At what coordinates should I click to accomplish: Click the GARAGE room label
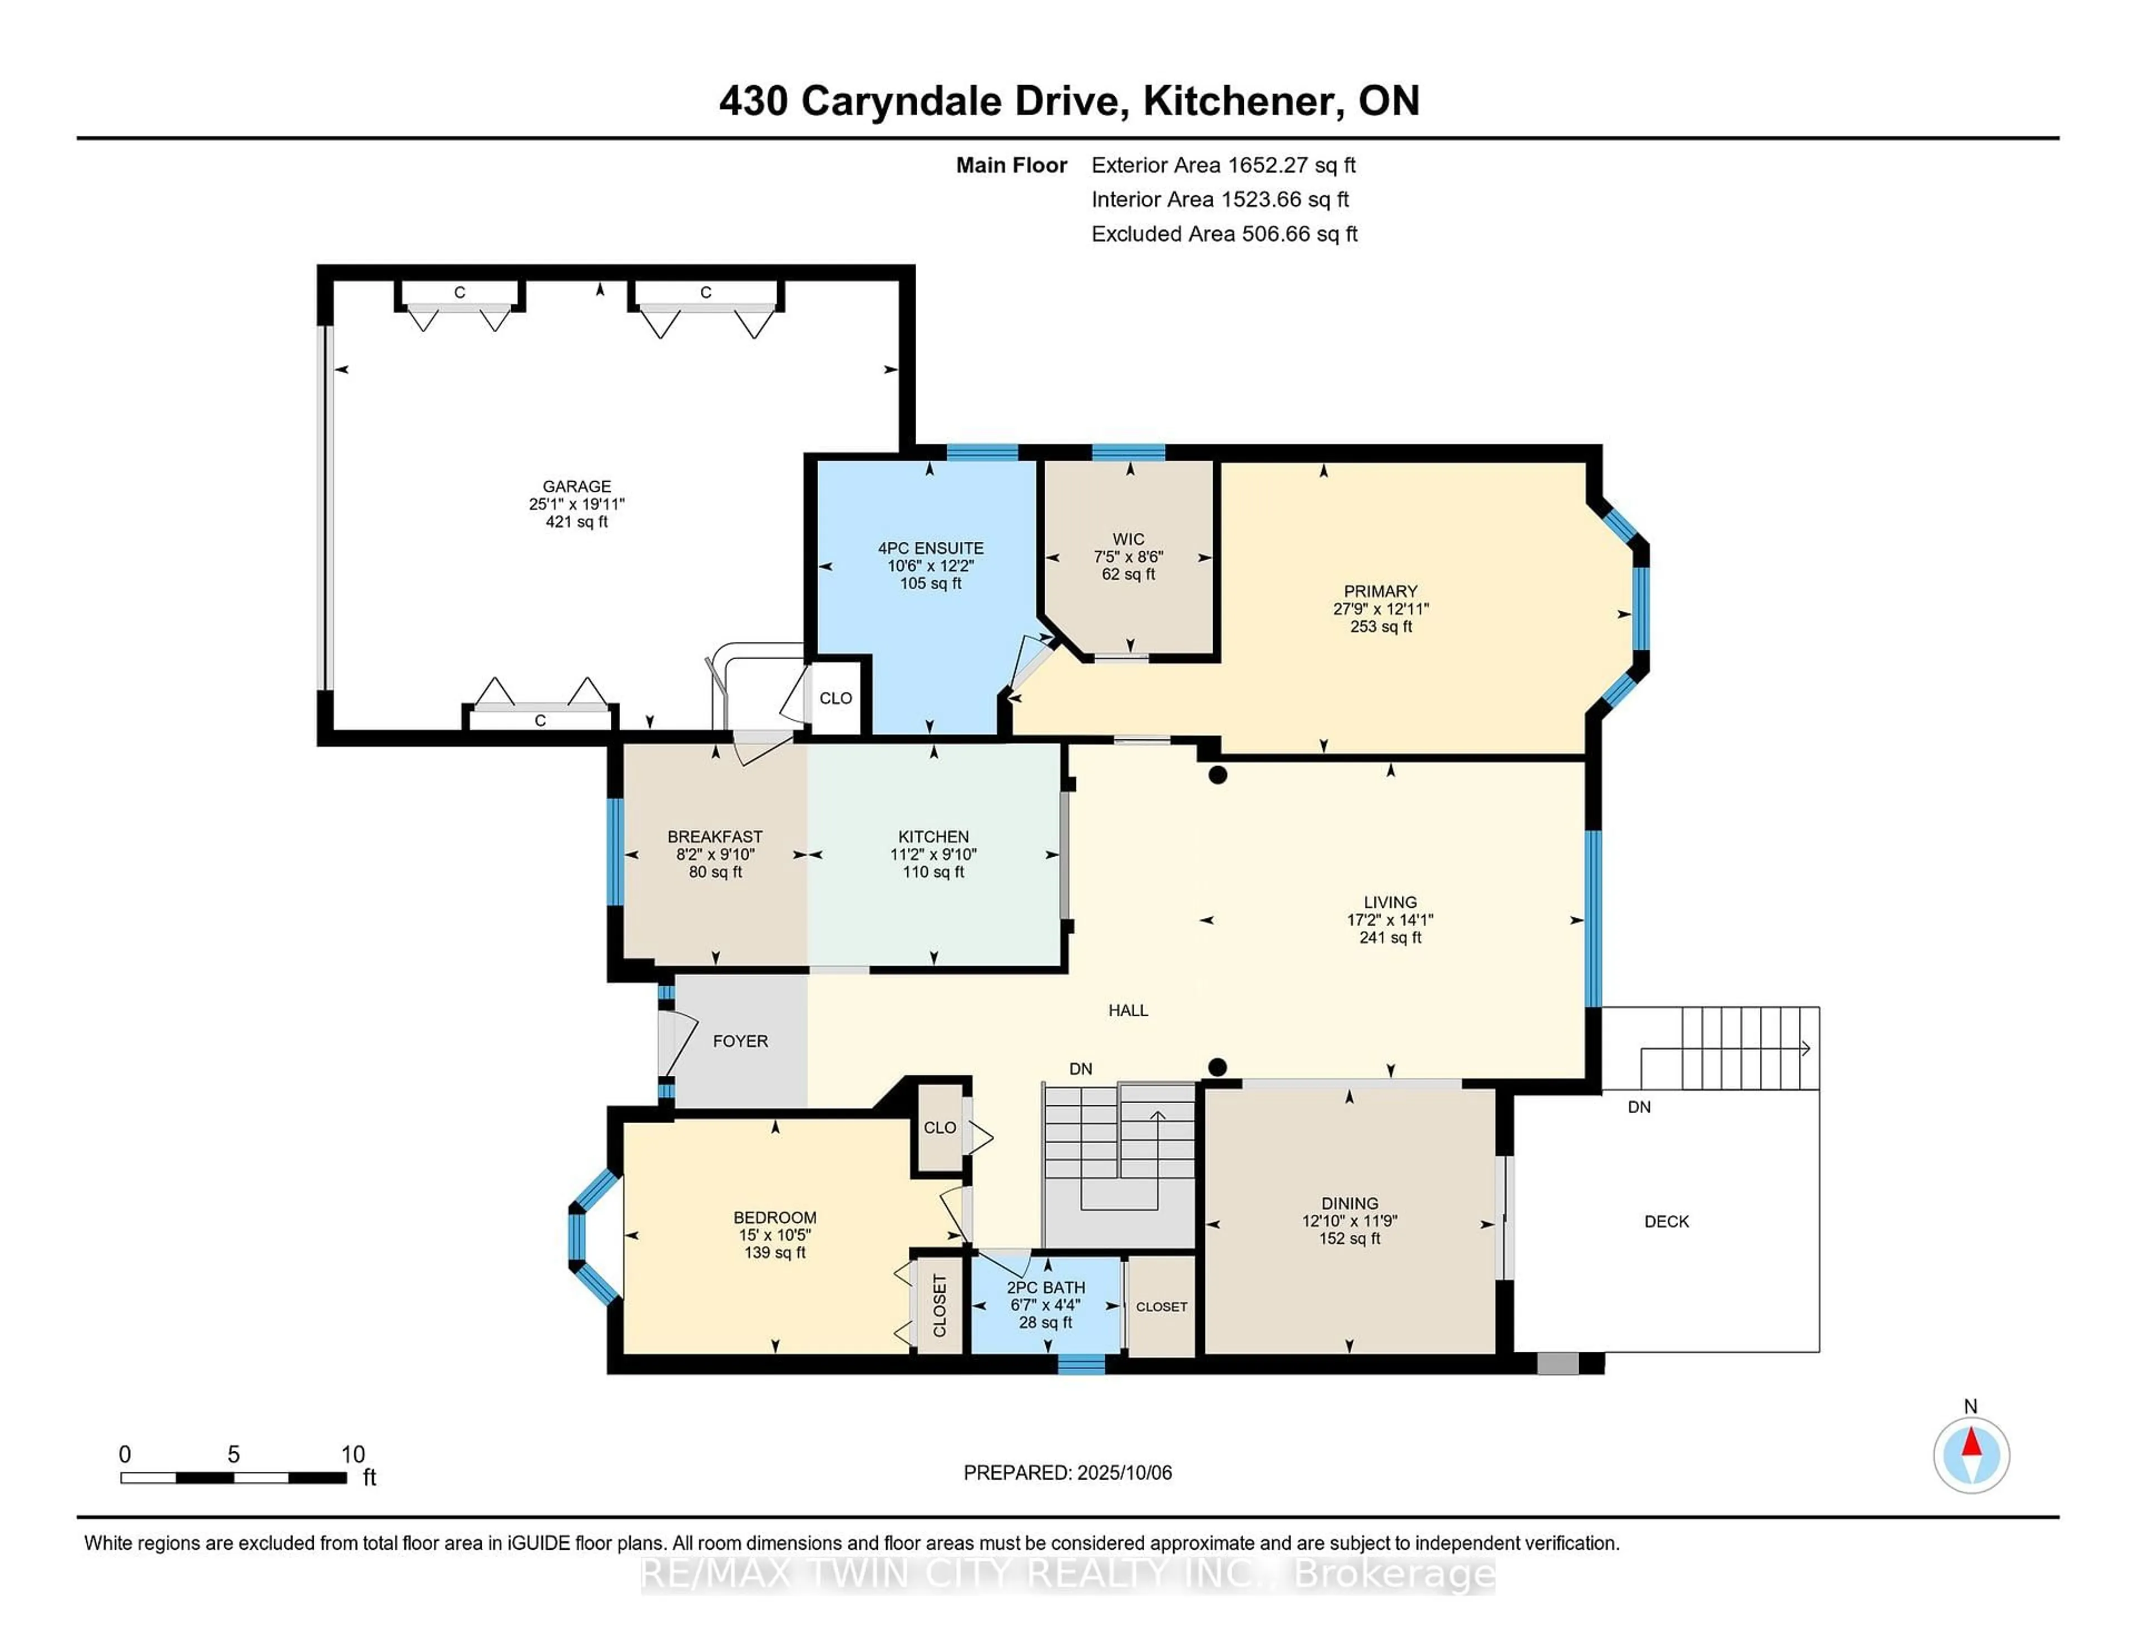(x=576, y=486)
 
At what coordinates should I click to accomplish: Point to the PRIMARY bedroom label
(x=1380, y=591)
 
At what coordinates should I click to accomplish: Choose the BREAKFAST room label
(x=715, y=836)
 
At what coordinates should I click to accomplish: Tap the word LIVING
(x=1390, y=902)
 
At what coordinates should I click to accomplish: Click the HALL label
(x=1128, y=1010)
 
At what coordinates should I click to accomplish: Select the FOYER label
(x=740, y=1041)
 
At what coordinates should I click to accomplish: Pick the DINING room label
(x=1349, y=1203)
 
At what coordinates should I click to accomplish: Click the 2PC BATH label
(x=1046, y=1287)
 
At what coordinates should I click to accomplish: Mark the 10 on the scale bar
(x=353, y=1455)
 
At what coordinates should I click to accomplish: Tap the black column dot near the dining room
(x=1217, y=1067)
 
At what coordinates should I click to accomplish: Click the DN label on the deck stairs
(x=1639, y=1107)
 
